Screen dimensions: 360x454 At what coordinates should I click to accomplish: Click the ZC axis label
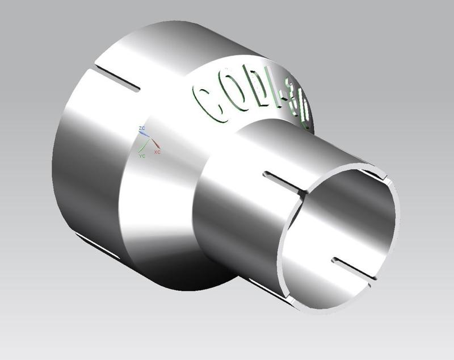point(142,130)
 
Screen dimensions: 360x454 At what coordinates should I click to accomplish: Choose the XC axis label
point(157,153)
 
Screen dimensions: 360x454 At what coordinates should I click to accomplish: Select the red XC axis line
point(153,145)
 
